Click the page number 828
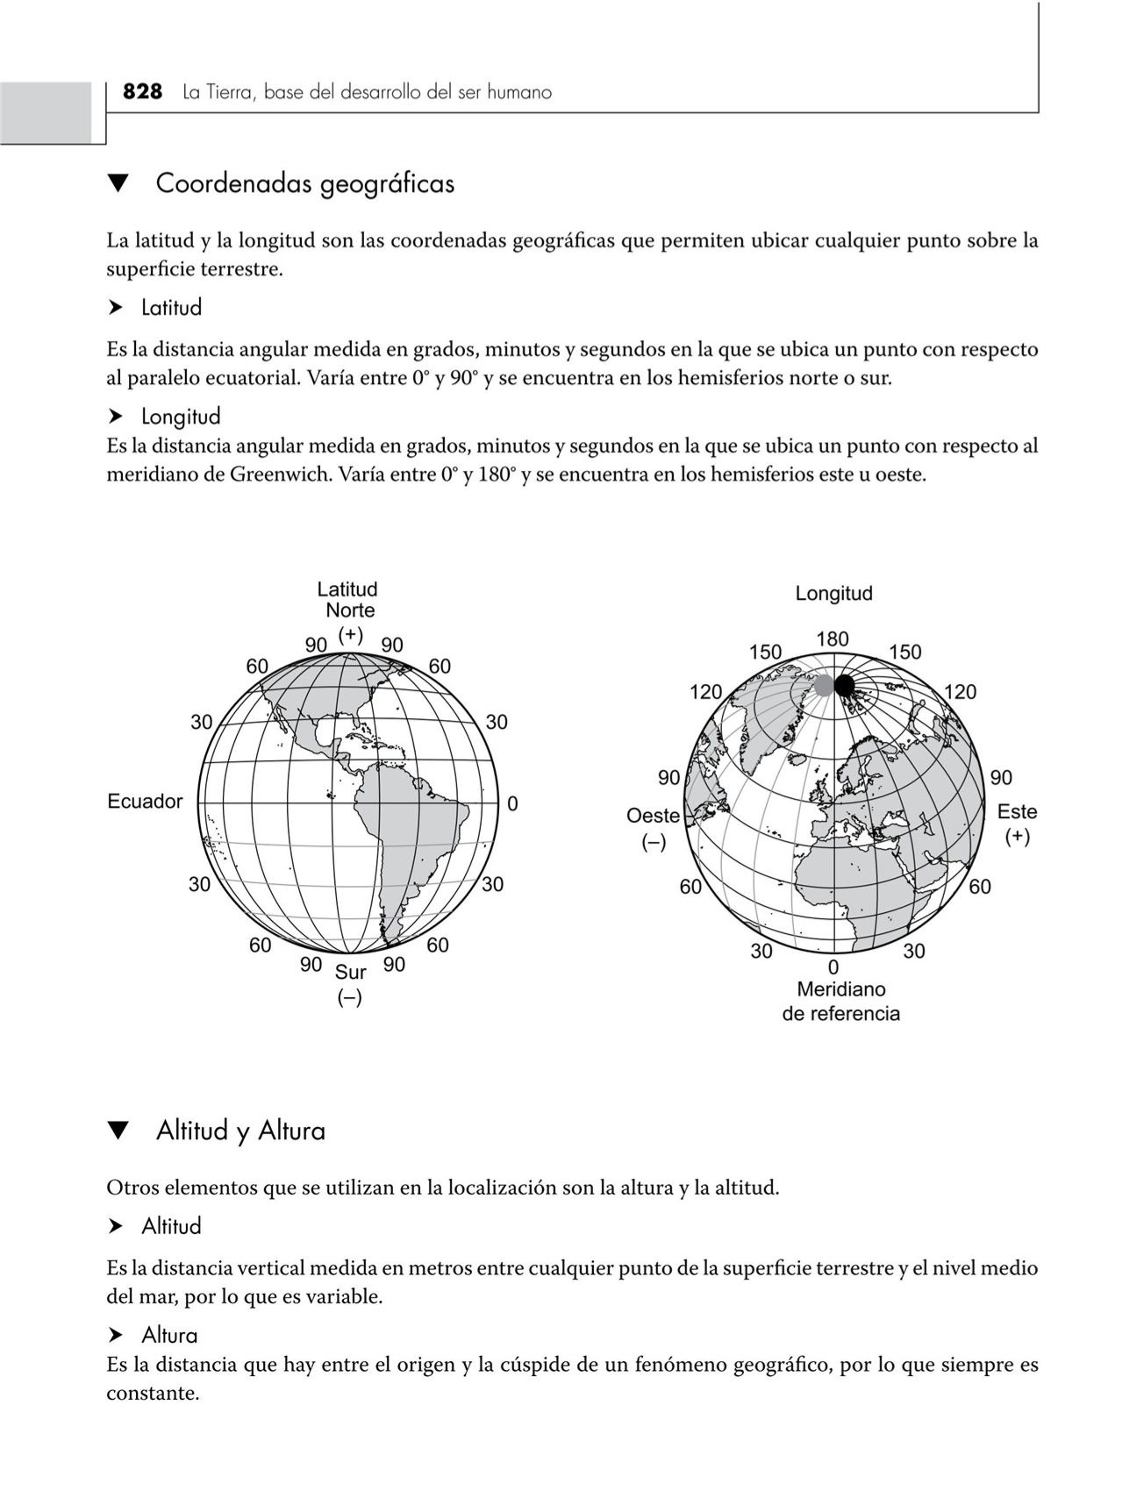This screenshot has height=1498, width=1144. click(142, 92)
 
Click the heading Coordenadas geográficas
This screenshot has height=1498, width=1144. click(304, 184)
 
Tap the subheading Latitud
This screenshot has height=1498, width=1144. click(171, 308)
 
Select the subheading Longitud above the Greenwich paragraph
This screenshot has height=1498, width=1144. click(181, 416)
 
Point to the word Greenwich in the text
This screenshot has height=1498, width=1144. click(282, 475)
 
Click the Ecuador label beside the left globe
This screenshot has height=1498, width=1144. click(145, 801)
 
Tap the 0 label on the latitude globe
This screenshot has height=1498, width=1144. click(512, 803)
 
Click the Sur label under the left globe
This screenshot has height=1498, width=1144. click(351, 972)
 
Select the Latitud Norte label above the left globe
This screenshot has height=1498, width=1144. click(348, 600)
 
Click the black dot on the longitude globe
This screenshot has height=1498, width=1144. click(844, 685)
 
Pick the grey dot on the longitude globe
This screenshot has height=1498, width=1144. click(823, 686)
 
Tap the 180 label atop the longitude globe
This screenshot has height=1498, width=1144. click(832, 639)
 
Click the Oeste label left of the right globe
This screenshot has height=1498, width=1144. click(653, 816)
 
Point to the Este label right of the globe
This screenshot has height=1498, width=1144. click(1017, 812)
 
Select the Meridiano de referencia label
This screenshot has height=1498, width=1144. click(840, 1002)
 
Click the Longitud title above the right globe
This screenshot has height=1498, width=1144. click(833, 594)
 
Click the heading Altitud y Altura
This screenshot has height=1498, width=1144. click(240, 1131)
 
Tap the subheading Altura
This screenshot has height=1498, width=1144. click(169, 1336)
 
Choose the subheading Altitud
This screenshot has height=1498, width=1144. click(171, 1226)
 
